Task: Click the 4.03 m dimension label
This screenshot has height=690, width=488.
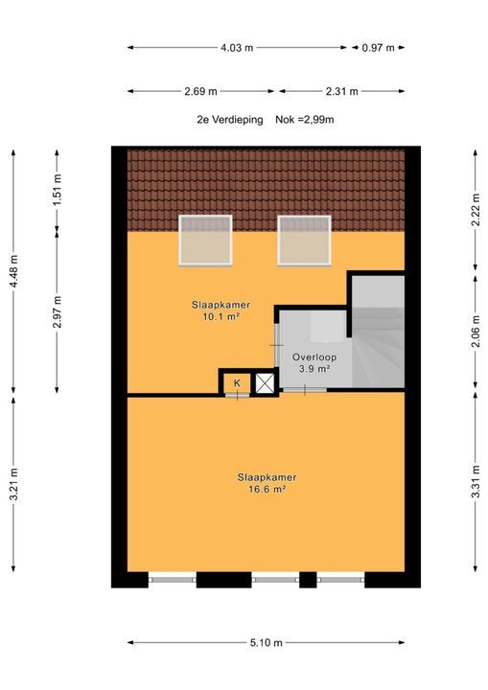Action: pos(237,48)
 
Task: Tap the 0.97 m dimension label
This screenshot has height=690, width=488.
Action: pos(378,48)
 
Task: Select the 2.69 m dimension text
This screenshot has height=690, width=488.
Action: pos(200,92)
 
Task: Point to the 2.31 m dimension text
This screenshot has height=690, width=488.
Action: pos(341,92)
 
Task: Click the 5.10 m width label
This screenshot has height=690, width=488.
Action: pos(266,642)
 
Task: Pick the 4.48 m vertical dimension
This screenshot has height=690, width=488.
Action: pos(14,271)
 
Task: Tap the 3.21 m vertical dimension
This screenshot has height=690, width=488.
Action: pos(14,484)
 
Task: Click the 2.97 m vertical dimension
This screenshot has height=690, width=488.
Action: pos(58,312)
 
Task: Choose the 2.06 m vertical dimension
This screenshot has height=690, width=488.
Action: pos(476,332)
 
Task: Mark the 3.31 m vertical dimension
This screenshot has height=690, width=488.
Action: pos(476,481)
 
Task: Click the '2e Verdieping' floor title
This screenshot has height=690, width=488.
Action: pos(230,119)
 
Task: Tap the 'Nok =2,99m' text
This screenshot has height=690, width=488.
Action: pos(305,119)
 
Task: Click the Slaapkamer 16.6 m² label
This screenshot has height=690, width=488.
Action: pos(267,483)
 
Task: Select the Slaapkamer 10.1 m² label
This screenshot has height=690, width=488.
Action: pos(221,310)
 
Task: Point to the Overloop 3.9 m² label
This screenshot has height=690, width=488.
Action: pos(314,363)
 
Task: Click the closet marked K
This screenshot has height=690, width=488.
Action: pos(237,383)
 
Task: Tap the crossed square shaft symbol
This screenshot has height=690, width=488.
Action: pos(265,382)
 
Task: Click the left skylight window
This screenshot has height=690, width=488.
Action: pos(205,241)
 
